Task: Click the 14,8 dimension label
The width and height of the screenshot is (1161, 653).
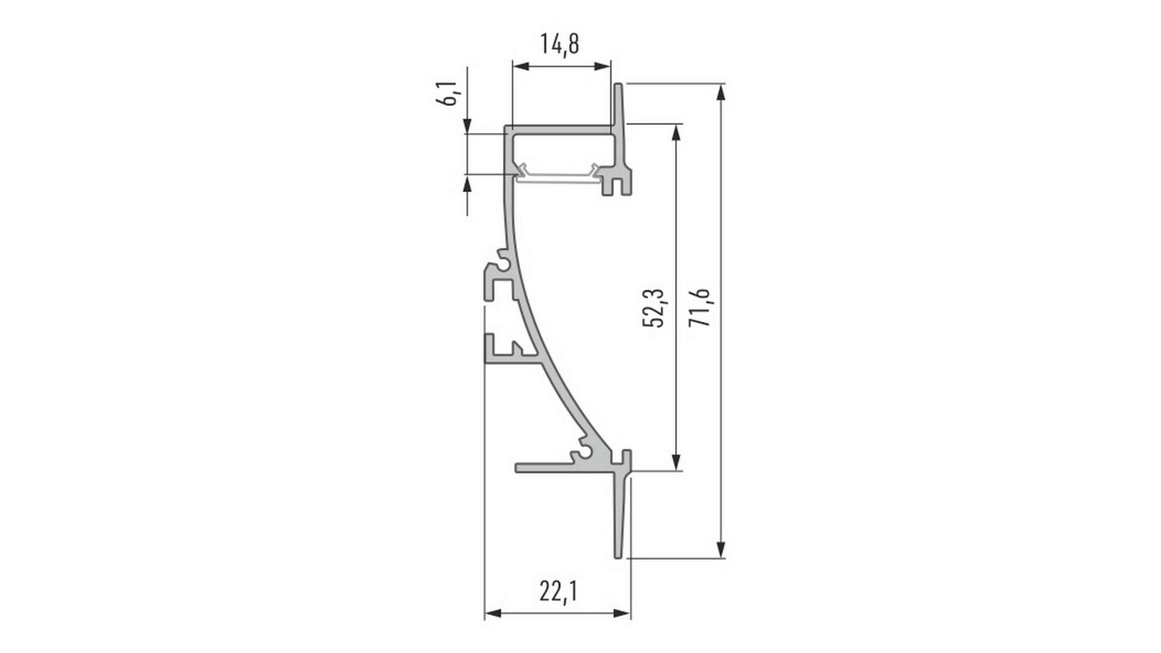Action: (560, 44)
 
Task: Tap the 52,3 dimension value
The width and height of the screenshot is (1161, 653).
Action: (653, 308)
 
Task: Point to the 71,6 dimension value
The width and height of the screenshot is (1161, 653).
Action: (699, 308)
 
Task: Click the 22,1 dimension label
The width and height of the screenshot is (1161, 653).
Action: (558, 591)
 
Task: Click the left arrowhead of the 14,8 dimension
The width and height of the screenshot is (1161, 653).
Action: (521, 67)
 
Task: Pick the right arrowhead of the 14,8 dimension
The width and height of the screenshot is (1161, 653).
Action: (603, 67)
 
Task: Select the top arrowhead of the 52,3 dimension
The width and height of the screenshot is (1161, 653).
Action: (676, 133)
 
